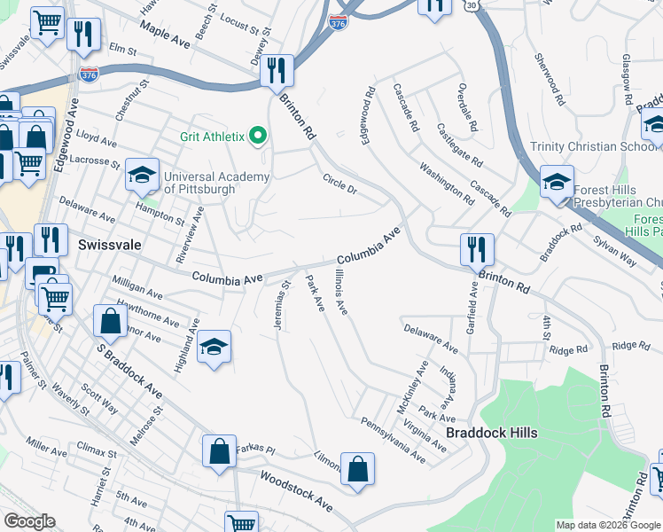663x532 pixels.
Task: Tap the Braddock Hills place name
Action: [x=491, y=433]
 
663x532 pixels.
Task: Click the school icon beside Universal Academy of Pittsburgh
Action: [x=141, y=176]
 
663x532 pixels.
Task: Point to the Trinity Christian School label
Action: [x=593, y=146]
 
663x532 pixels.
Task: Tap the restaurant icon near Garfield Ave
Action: [x=477, y=249]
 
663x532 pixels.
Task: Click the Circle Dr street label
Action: [x=339, y=183]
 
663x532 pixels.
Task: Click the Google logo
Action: [x=29, y=521]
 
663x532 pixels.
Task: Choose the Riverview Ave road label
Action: [x=190, y=233]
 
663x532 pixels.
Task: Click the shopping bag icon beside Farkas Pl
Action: [x=219, y=451]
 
